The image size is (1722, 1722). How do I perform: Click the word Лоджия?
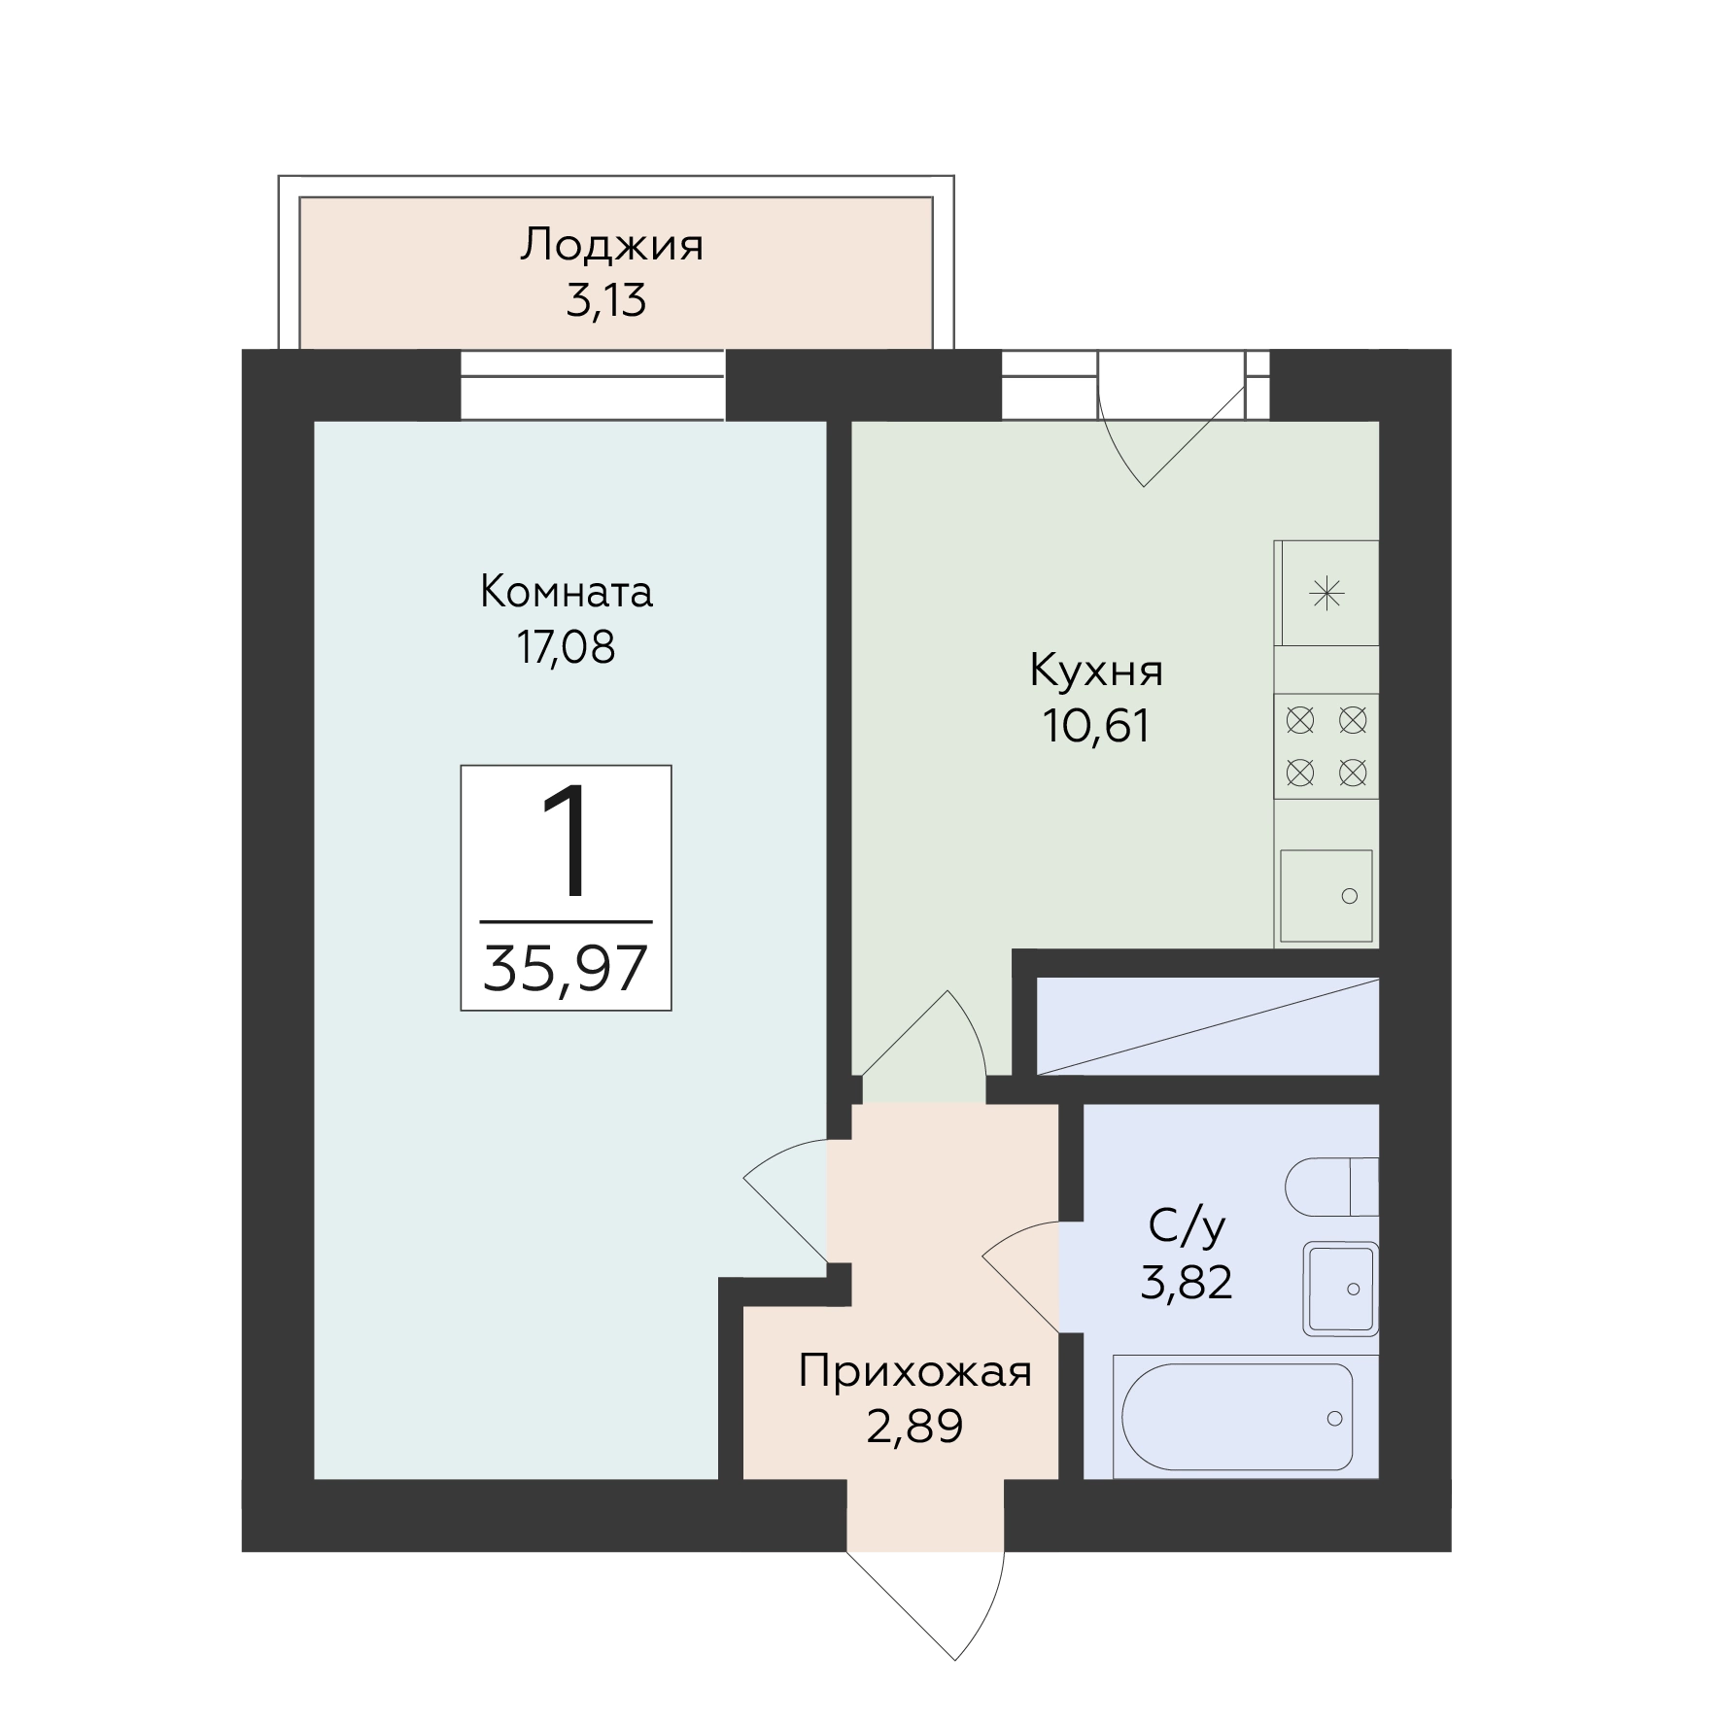click(611, 246)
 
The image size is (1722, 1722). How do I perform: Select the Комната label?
click(567, 592)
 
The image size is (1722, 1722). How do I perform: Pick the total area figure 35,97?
click(566, 969)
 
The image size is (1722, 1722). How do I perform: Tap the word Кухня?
click(1096, 672)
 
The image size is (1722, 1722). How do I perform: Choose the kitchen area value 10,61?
click(1096, 725)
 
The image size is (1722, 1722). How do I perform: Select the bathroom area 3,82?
click(1187, 1283)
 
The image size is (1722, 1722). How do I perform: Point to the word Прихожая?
click(914, 1372)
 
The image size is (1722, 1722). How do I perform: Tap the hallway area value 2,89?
click(914, 1427)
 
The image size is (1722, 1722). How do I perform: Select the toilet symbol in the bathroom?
click(1332, 1187)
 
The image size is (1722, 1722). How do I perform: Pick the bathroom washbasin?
click(1341, 1290)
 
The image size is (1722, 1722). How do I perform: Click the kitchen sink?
click(1326, 896)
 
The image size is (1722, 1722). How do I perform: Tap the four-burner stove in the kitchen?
click(1326, 746)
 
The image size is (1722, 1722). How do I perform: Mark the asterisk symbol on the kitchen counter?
click(1326, 593)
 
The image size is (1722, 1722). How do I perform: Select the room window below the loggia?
click(593, 385)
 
